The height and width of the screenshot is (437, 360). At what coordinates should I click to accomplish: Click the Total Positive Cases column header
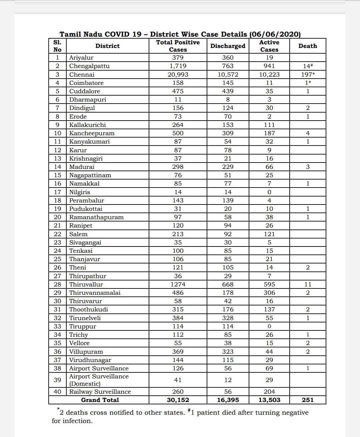178,46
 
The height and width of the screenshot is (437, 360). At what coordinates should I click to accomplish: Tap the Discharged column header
228,46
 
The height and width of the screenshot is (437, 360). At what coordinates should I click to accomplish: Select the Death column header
308,46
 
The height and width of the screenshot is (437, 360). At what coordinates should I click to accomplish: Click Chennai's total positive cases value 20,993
178,75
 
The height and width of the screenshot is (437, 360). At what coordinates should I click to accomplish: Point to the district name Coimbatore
86,83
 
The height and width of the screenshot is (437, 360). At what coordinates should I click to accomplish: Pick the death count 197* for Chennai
308,75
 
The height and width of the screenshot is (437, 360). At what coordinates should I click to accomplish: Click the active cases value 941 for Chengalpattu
269,66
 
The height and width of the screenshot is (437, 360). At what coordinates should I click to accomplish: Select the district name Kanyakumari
89,142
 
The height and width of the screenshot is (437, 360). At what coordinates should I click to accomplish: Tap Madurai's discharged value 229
228,167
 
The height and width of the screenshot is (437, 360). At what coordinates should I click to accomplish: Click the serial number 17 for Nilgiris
58,192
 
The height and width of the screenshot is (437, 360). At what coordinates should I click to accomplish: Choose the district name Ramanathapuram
96,217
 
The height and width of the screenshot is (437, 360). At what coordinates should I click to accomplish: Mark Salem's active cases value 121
269,234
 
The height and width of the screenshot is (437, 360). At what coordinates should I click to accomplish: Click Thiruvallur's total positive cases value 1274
178,284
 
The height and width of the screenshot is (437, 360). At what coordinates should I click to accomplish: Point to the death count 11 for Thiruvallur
308,284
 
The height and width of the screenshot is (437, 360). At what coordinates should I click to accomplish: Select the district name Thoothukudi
89,309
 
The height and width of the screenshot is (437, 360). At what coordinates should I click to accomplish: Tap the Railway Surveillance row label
100,392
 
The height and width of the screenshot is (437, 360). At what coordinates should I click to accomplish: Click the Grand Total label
100,400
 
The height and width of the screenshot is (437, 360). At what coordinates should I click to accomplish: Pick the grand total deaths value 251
308,400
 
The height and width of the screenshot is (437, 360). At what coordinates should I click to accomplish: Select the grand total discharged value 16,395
228,400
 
